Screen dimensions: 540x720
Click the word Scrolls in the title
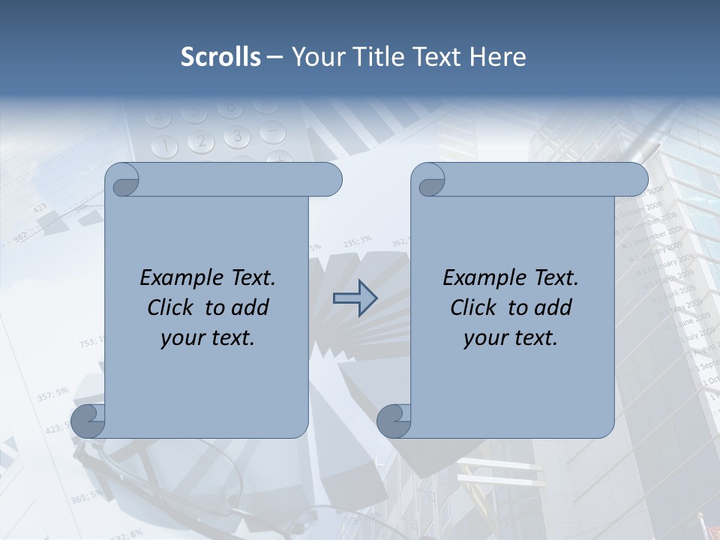point(221,57)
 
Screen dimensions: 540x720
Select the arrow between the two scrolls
point(355,298)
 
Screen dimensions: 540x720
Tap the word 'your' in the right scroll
point(484,338)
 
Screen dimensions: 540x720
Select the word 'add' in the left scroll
point(250,307)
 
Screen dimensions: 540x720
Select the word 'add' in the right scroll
point(553,307)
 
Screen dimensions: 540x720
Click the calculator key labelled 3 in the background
point(238,136)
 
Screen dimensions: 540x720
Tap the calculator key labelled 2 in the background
point(201,140)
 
